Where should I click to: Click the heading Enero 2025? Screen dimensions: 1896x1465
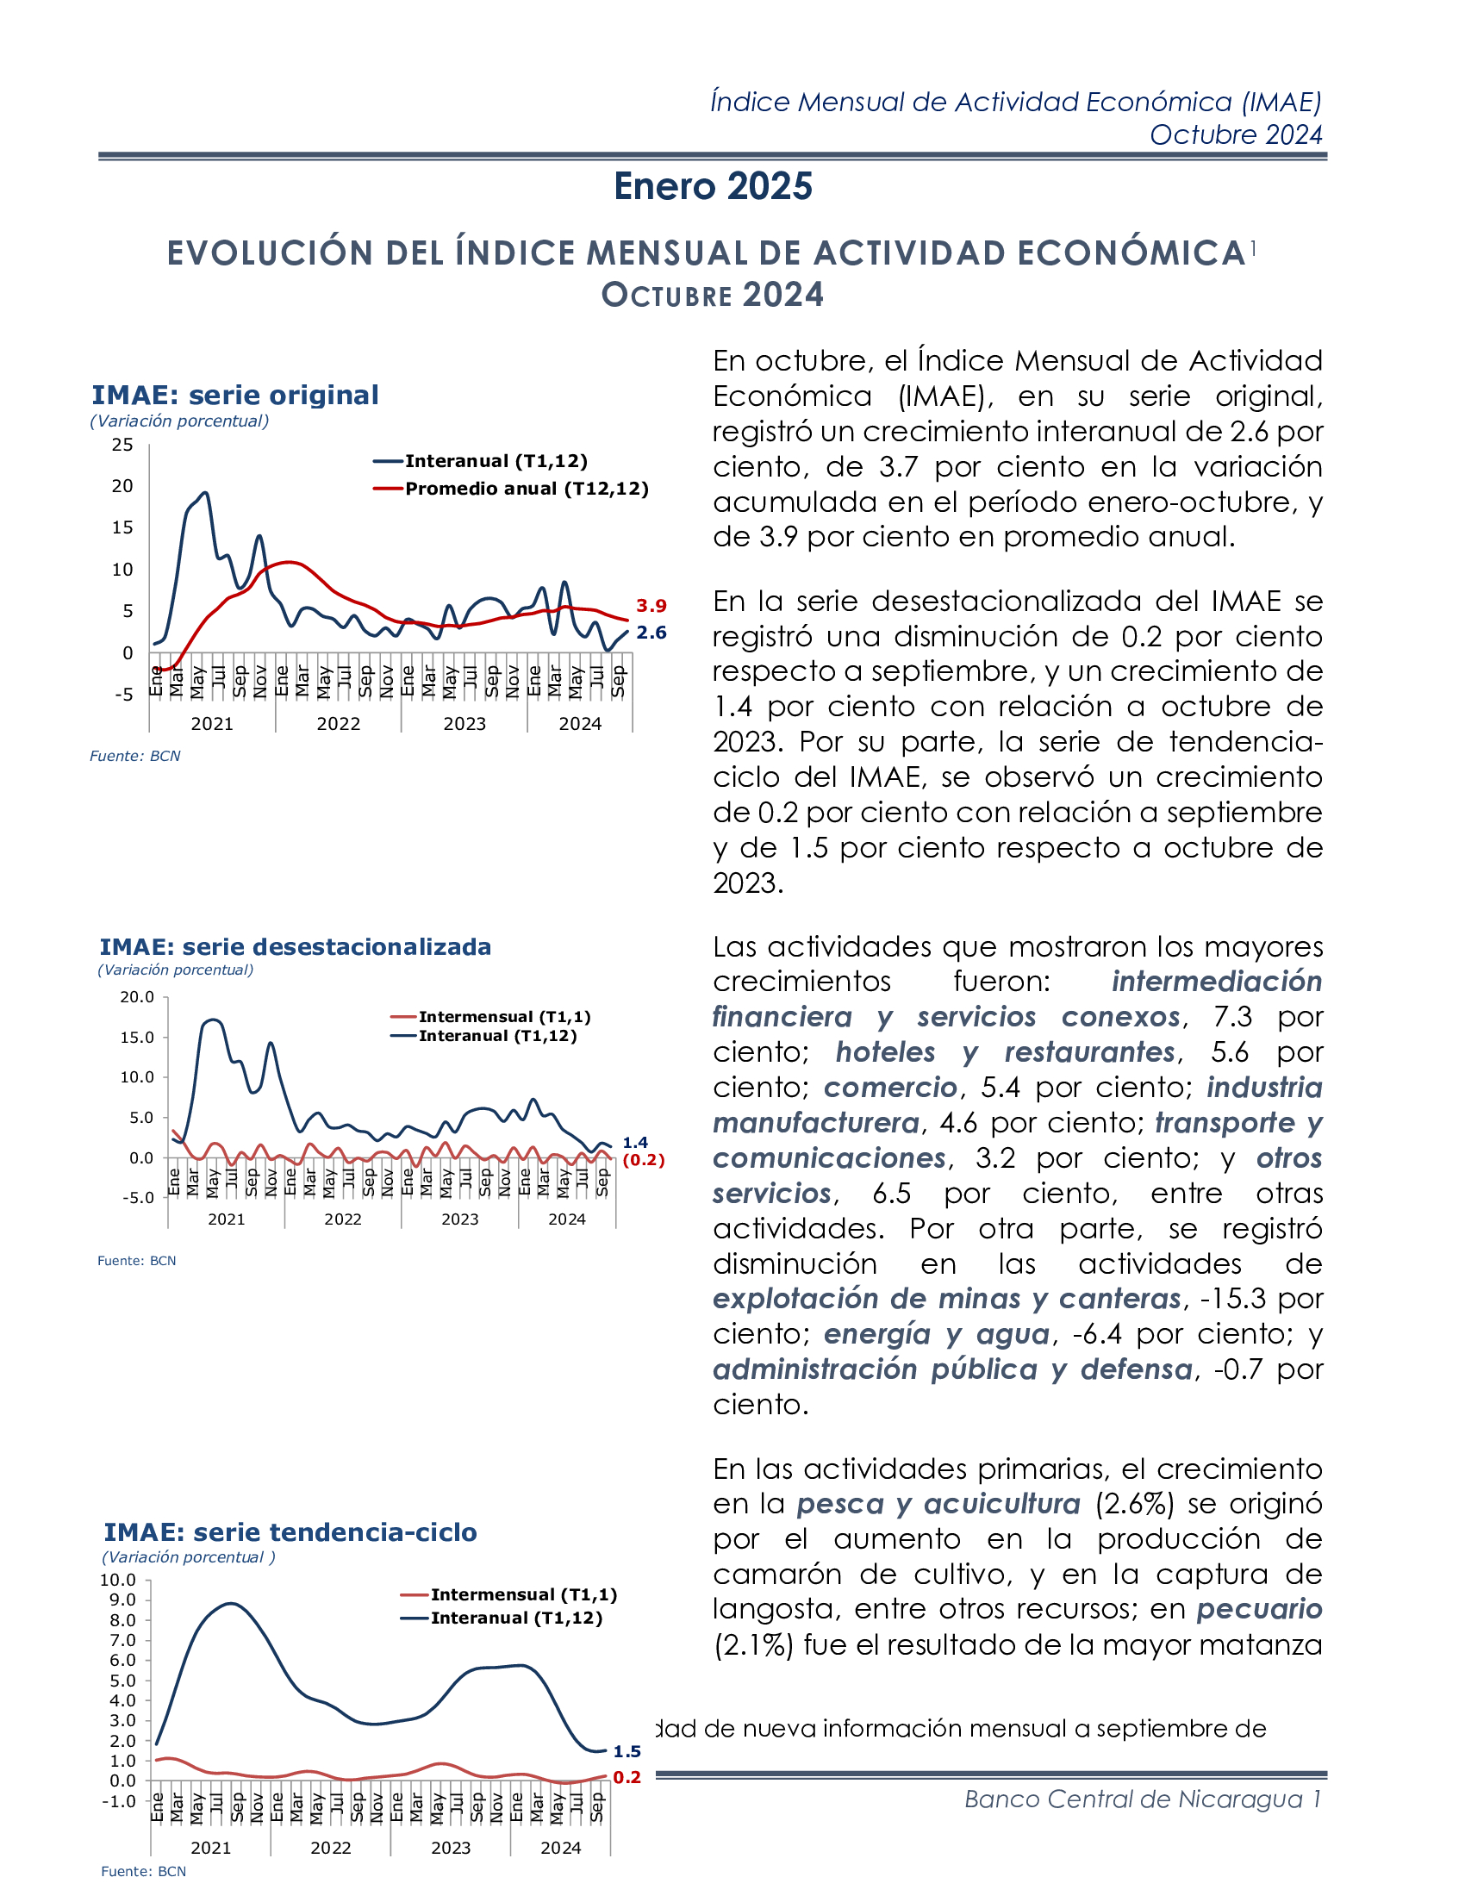pos(713,187)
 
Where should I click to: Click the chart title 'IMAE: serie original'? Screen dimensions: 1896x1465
pos(235,395)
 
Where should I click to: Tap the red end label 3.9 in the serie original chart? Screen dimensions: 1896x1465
pos(651,606)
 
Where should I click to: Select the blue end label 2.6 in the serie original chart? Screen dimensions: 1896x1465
pos(651,633)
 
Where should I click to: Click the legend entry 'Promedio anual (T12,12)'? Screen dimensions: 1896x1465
pos(526,489)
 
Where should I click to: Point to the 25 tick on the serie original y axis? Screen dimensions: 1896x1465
pos(122,446)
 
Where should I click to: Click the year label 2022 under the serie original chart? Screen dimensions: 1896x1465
pos(339,724)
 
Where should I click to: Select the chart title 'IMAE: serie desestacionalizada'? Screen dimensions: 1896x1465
pos(295,946)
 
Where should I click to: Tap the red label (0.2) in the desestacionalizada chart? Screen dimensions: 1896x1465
pos(643,1160)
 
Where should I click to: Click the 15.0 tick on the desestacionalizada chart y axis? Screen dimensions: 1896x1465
pos(137,1038)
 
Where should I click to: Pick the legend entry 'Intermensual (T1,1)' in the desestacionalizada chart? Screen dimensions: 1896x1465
pos(503,1017)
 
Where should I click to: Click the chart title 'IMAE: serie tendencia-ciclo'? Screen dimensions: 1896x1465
pos(290,1532)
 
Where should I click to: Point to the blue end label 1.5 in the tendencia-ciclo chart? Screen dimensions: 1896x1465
pos(627,1752)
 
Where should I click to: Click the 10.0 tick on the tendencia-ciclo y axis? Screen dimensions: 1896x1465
pos(118,1580)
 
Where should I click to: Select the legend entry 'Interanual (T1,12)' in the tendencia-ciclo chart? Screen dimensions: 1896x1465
pos(515,1618)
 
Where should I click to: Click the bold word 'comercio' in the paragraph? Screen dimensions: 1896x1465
pos(889,1088)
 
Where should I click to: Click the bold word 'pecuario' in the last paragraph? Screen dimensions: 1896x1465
pos(1258,1610)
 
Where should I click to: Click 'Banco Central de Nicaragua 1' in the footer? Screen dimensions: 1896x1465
pos(1142,1799)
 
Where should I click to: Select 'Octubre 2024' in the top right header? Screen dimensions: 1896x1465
pos(1235,135)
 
